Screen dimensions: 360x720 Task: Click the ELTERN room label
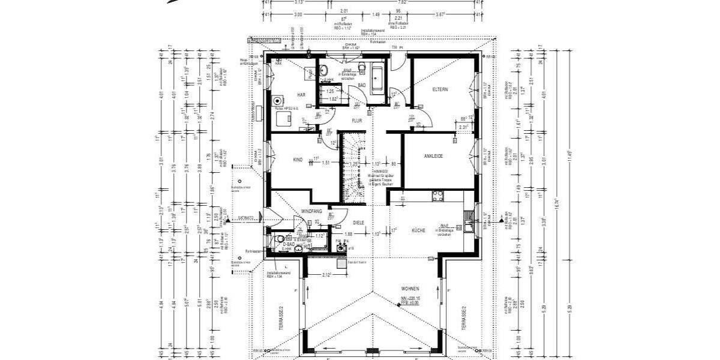pos(440,89)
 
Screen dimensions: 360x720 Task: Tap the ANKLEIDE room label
pos(433,156)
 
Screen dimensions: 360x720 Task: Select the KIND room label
pos(298,160)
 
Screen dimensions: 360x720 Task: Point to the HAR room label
pos(302,95)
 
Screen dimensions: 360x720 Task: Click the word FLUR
pos(357,121)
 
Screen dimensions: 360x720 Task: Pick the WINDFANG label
pos(311,211)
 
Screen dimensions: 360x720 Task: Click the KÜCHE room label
pos(418,230)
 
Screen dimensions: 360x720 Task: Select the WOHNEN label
pos(410,288)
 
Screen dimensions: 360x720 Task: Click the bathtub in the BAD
pos(379,78)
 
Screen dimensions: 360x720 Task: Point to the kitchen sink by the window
pos(468,226)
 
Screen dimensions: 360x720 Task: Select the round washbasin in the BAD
pos(323,67)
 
